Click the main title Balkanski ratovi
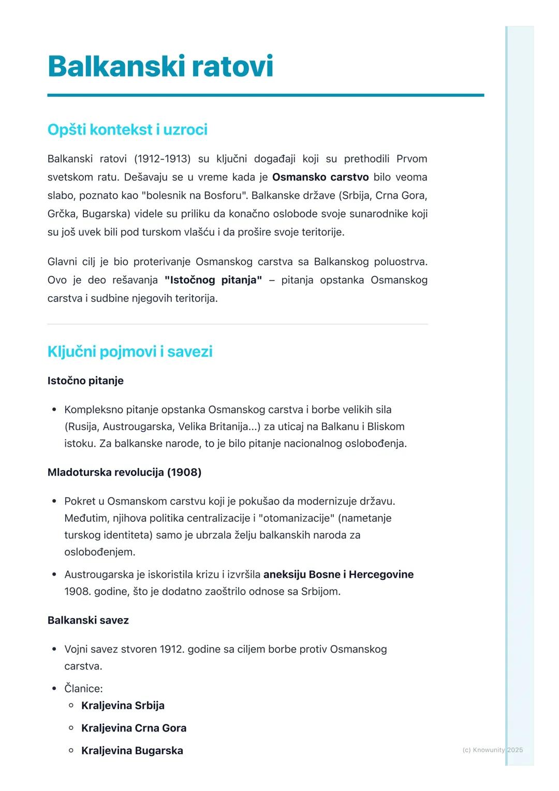pyautogui.click(x=160, y=66)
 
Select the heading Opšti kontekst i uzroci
pyautogui.click(x=127, y=129)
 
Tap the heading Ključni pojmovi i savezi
pyautogui.click(x=130, y=351)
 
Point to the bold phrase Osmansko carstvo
pyautogui.click(x=320, y=177)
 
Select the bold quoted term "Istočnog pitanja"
pyautogui.click(x=213, y=280)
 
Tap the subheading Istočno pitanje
pyautogui.click(x=85, y=380)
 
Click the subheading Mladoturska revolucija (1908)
pyautogui.click(x=124, y=472)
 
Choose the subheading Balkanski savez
pyautogui.click(x=88, y=620)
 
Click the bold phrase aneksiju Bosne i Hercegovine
pyautogui.click(x=339, y=574)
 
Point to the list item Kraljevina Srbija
pyautogui.click(x=123, y=706)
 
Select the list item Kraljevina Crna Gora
pyautogui.click(x=134, y=728)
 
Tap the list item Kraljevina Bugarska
pyautogui.click(x=132, y=751)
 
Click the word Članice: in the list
pyautogui.click(x=83, y=689)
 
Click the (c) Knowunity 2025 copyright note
pyautogui.click(x=492, y=750)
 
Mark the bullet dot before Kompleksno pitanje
pyautogui.click(x=54, y=410)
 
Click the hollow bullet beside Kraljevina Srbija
pyautogui.click(x=71, y=706)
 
